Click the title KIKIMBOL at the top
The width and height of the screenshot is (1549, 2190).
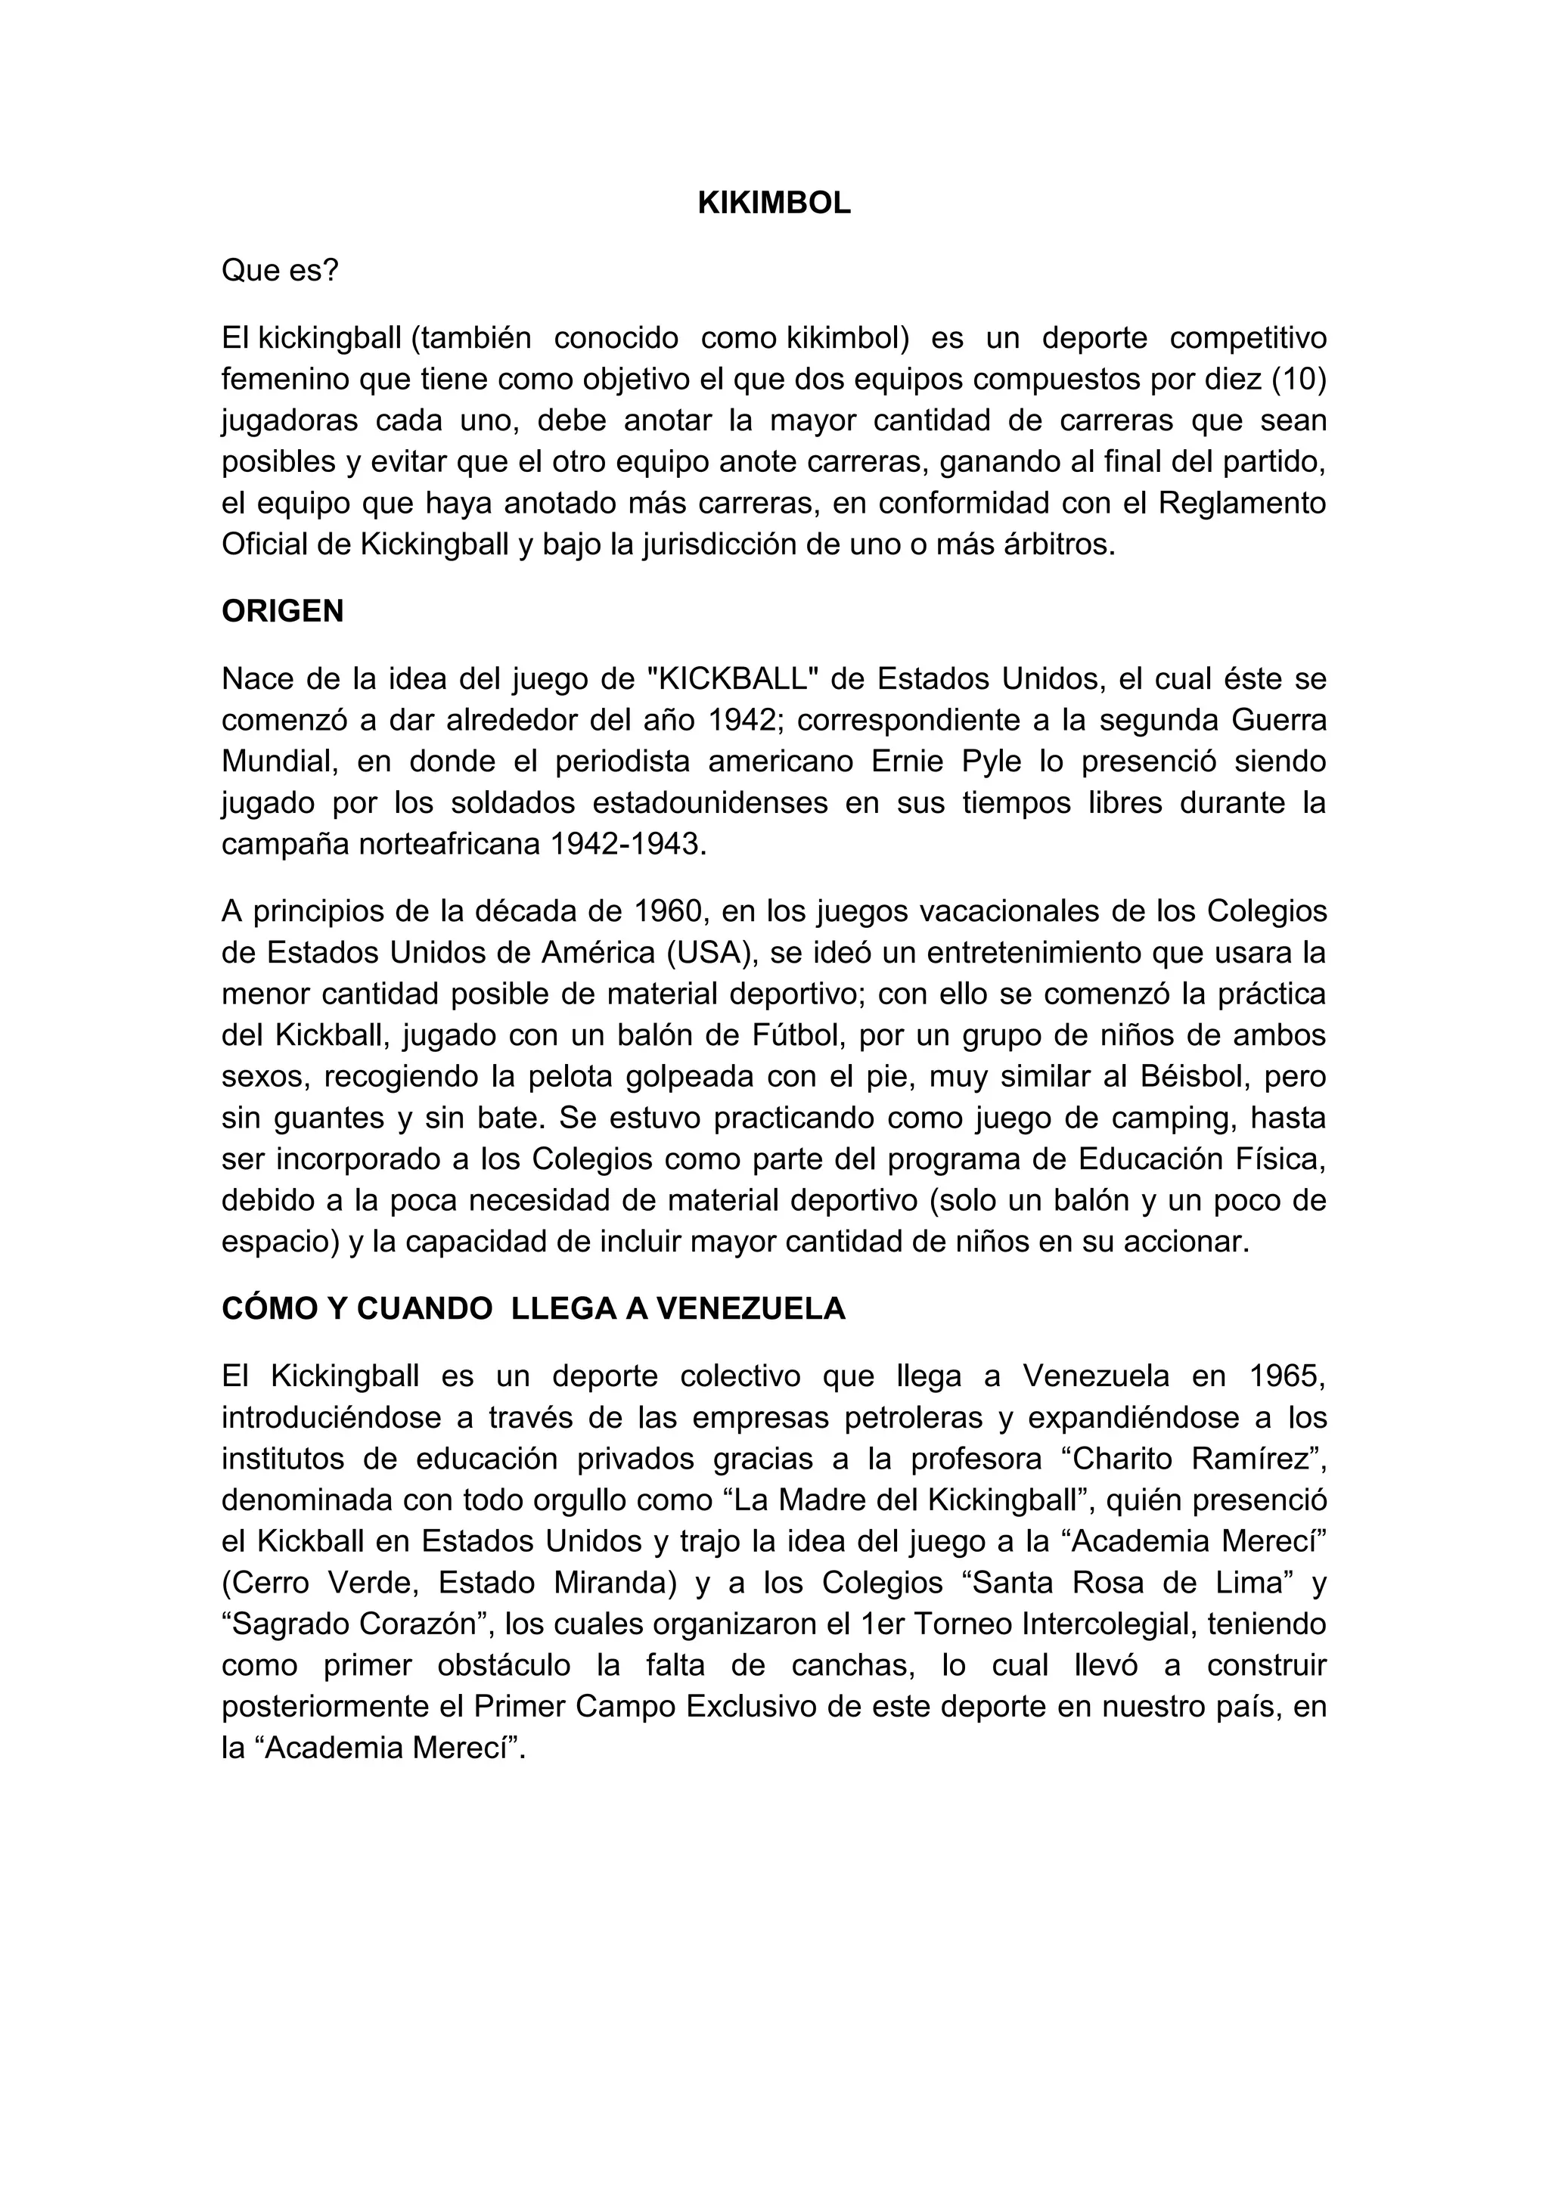774,203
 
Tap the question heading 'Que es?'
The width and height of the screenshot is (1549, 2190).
279,271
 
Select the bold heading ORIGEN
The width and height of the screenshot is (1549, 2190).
282,610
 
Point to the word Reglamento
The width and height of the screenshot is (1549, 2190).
1242,503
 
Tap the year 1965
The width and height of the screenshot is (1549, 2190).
1287,1376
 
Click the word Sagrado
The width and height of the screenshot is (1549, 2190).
288,1624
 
